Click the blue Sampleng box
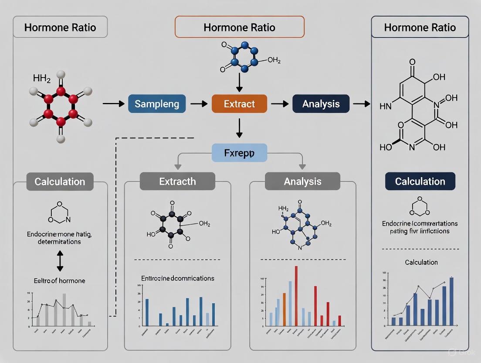click(157, 104)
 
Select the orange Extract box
click(239, 104)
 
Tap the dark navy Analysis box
click(321, 104)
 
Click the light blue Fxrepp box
click(239, 153)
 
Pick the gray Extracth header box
click(177, 181)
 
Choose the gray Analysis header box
click(302, 181)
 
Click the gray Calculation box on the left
click(60, 181)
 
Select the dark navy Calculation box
click(420, 181)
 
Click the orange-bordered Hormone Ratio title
click(239, 27)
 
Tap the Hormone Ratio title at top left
click(60, 27)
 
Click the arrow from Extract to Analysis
click(280, 104)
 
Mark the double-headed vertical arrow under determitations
click(60, 261)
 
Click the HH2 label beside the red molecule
click(42, 79)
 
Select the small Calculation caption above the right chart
click(421, 262)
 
